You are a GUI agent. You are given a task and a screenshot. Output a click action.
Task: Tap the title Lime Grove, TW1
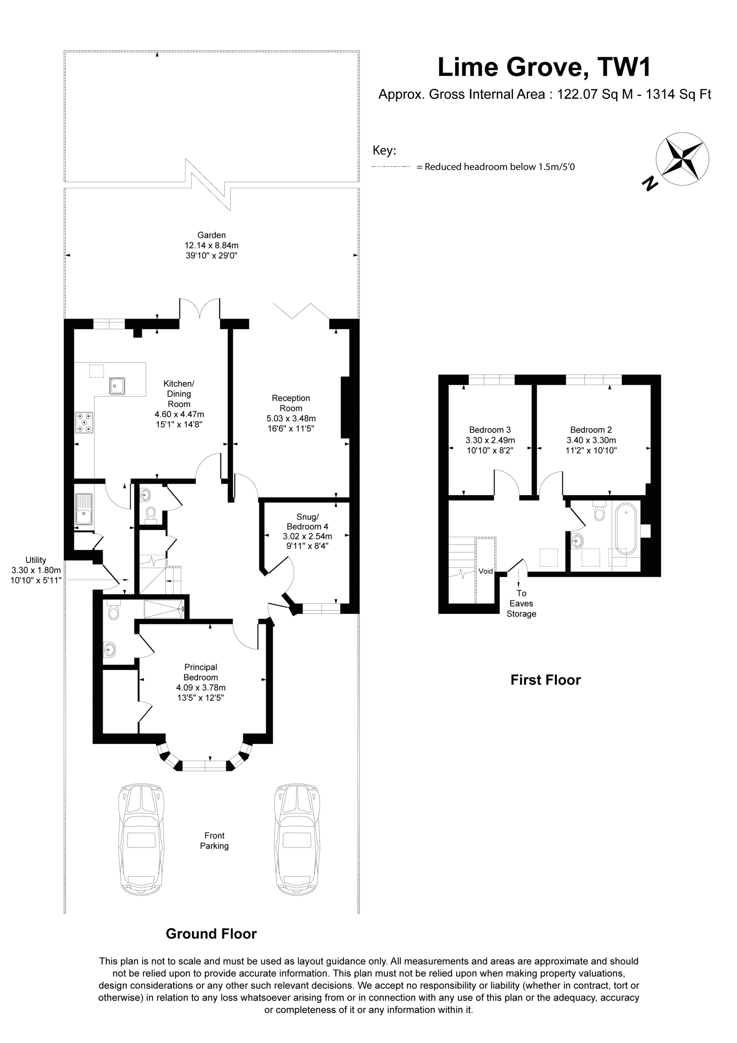pyautogui.click(x=544, y=67)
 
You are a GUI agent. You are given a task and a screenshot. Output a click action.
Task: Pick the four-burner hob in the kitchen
pyautogui.click(x=84, y=422)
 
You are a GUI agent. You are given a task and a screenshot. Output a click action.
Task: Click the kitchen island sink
pyautogui.click(x=117, y=386)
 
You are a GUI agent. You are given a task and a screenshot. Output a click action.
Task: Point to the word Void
pyautogui.click(x=485, y=571)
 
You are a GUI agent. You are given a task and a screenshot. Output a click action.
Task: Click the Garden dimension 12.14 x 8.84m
pyautogui.click(x=211, y=245)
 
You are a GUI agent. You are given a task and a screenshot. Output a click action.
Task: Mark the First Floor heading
pyautogui.click(x=545, y=680)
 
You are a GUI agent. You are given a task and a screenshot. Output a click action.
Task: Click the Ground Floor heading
pyautogui.click(x=211, y=933)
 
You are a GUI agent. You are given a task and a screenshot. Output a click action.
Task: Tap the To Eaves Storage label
pyautogui.click(x=521, y=603)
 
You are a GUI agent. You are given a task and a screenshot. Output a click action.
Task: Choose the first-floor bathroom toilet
pyautogui.click(x=599, y=510)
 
